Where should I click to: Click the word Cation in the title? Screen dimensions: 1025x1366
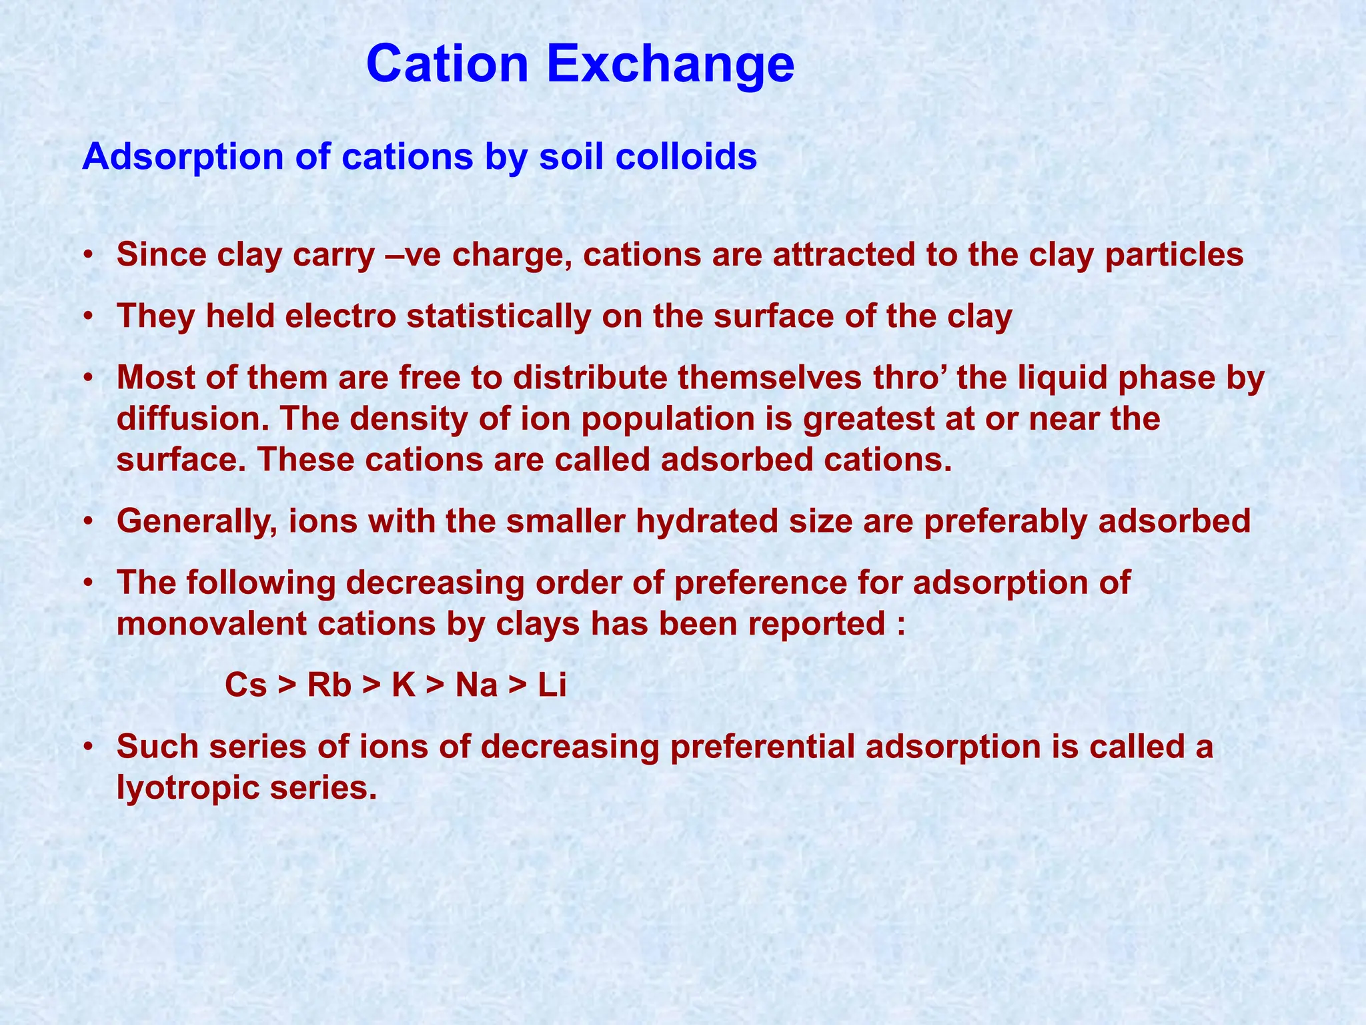pyautogui.click(x=456, y=65)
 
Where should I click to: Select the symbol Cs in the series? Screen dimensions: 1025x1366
pyautogui.click(x=245, y=685)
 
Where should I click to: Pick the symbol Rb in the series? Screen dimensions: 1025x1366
pyautogui.click(x=329, y=685)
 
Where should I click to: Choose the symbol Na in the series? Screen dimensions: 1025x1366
pyautogui.click(x=476, y=685)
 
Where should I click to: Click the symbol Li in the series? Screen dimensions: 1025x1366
pyautogui.click(x=552, y=685)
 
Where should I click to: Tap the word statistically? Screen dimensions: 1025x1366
pyautogui.click(x=498, y=316)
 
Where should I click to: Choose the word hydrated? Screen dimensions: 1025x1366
pyautogui.click(x=706, y=521)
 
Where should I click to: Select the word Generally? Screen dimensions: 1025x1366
pyautogui.click(x=197, y=521)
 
